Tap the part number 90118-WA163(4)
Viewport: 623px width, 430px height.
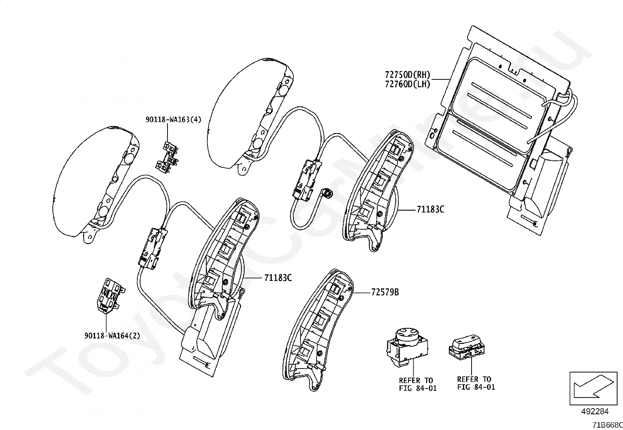click(173, 119)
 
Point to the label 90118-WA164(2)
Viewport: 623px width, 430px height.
click(112, 336)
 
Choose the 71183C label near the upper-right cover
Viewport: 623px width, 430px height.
click(430, 209)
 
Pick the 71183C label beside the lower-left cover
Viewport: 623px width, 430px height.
click(278, 278)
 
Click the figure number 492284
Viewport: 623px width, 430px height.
click(594, 411)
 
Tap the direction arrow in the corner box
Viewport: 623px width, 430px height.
click(592, 389)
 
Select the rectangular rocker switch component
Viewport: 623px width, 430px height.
click(467, 346)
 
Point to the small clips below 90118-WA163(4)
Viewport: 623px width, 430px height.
click(169, 157)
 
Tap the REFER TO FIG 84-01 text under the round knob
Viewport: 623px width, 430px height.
click(418, 384)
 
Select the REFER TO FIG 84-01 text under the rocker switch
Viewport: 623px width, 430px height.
click(476, 383)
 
